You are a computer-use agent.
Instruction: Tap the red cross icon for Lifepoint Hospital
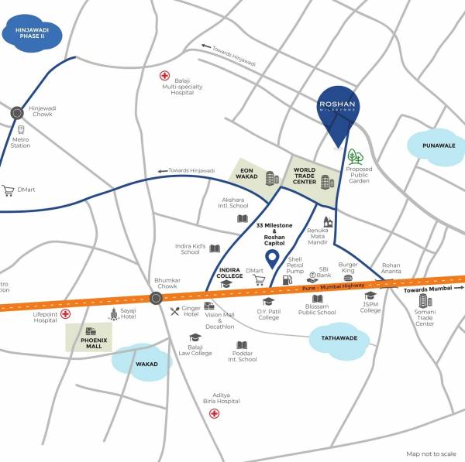65,313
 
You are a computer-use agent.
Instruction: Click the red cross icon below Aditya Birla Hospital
215,413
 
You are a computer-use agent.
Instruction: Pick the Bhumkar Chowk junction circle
156,297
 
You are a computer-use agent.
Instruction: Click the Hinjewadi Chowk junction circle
17,113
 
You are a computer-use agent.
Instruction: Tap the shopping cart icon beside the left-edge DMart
9,190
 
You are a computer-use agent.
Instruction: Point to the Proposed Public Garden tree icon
356,158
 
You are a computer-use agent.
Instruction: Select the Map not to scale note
432,454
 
